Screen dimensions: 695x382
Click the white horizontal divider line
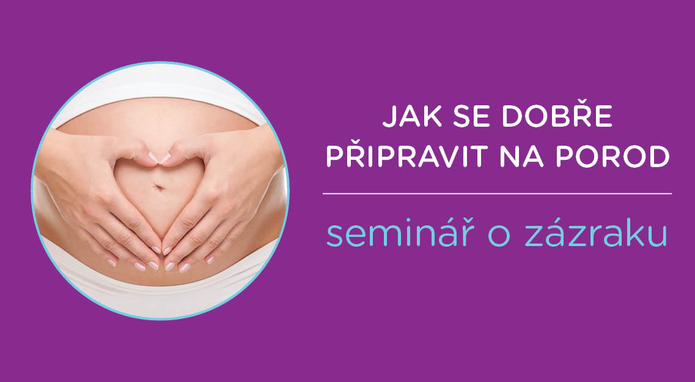498,194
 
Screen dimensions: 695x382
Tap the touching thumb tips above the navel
159,157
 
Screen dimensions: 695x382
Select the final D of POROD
659,157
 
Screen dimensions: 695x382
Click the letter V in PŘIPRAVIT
426,157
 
